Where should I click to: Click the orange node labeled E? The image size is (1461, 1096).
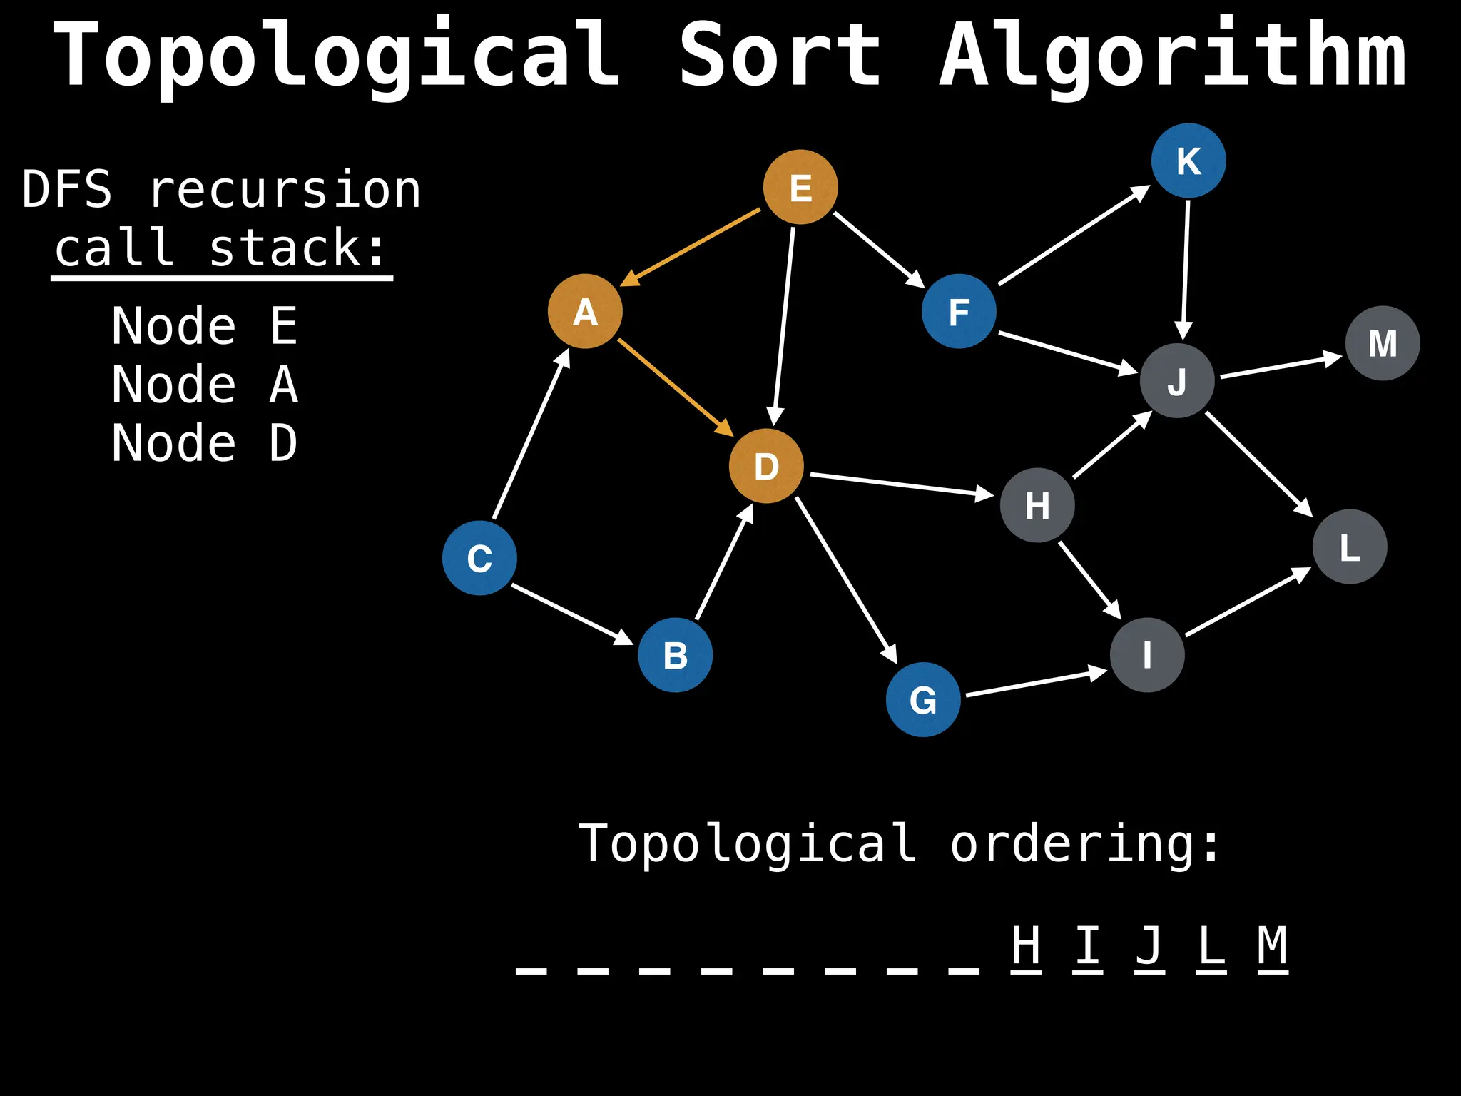800,187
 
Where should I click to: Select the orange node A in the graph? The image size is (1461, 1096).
585,311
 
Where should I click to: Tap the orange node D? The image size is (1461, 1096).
766,466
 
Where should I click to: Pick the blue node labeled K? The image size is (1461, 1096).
1188,161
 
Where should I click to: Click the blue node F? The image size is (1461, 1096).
959,311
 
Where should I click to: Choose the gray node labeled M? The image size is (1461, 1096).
1383,343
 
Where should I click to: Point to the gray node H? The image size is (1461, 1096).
1037,505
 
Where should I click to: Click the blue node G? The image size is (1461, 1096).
923,699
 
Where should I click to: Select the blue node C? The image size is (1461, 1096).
479,558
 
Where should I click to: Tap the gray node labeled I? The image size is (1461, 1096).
1147,655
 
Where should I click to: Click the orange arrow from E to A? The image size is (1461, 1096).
691,248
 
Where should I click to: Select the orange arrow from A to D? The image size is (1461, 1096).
675,387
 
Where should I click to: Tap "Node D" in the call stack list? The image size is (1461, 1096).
205,443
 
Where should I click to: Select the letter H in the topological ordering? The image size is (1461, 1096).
1026,945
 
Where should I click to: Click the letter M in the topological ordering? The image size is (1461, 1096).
1273,945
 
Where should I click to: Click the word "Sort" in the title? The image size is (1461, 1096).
780,56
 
